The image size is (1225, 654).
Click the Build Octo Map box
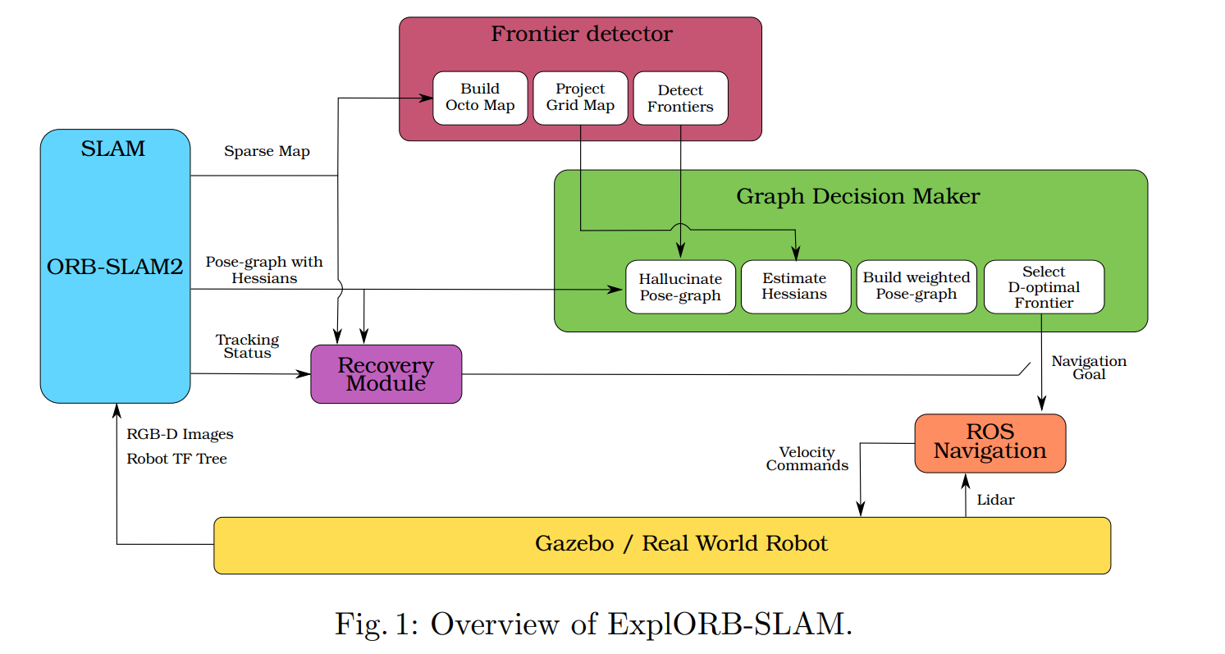click(x=480, y=98)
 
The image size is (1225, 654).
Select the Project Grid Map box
click(x=580, y=98)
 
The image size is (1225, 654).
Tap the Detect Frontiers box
click(x=680, y=98)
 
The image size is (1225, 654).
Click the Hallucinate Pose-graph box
click(x=680, y=287)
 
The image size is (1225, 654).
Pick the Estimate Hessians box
click(x=794, y=287)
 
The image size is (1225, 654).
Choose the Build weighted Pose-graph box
click(x=916, y=286)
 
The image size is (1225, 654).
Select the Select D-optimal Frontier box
click(x=1044, y=286)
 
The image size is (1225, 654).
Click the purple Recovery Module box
click(x=386, y=374)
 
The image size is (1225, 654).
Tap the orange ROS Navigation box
click(x=990, y=442)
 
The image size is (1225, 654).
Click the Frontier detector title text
click(x=581, y=34)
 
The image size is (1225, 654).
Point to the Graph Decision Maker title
click(x=857, y=197)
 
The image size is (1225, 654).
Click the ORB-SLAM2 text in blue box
click(x=115, y=267)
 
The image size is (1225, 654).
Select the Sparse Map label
click(x=267, y=152)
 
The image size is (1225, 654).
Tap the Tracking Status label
click(x=247, y=346)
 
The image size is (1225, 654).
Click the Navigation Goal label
click(x=1089, y=368)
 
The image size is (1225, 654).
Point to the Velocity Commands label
click(x=807, y=459)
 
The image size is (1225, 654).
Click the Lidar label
click(x=995, y=500)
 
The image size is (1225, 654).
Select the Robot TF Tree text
click(x=176, y=459)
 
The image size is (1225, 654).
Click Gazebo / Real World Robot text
click(x=681, y=544)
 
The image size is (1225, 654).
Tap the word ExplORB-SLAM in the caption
click(x=725, y=624)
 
